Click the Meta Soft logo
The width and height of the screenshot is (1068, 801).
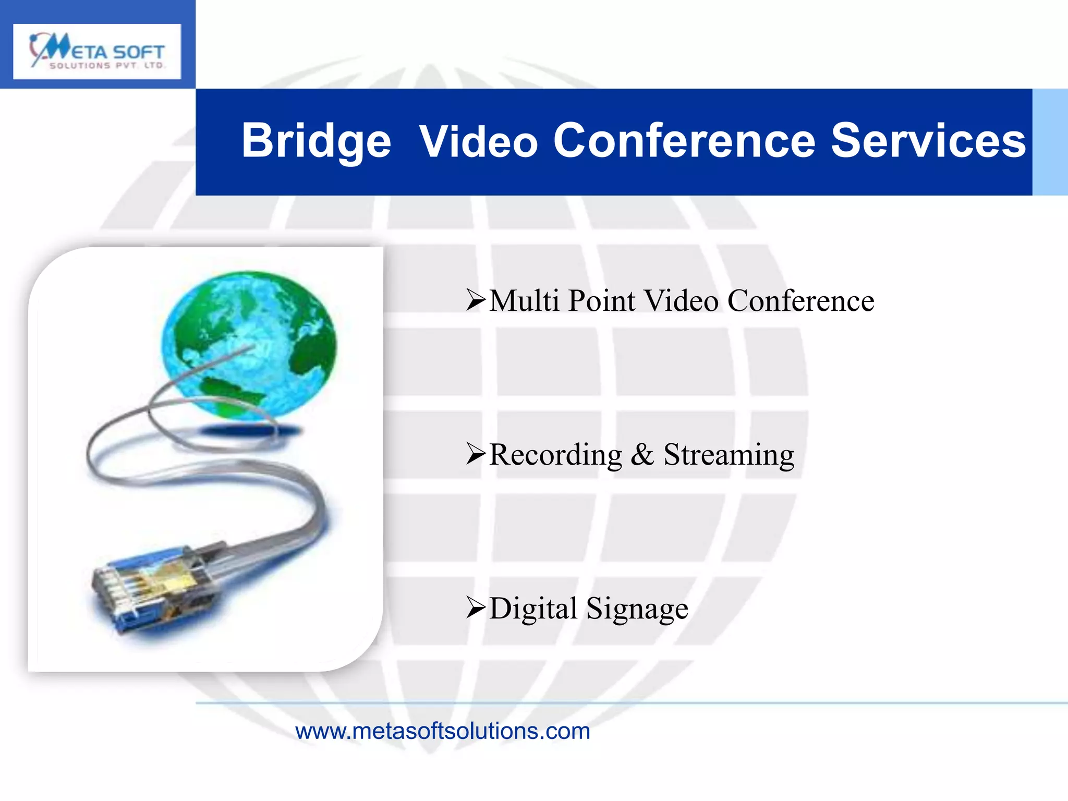(x=97, y=52)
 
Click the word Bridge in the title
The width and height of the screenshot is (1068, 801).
(x=316, y=141)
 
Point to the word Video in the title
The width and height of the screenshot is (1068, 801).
(x=478, y=141)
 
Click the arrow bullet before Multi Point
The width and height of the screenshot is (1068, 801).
(x=476, y=300)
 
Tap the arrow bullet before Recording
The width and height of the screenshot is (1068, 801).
(x=476, y=454)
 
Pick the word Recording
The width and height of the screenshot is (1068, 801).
(x=556, y=455)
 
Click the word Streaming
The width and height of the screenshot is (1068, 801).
(x=729, y=455)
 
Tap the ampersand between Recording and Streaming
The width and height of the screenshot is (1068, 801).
(x=642, y=454)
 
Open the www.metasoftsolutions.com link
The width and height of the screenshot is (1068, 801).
(x=442, y=731)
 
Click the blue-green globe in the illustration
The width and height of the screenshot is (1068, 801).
(x=249, y=344)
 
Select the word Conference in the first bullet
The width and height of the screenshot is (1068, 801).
(x=800, y=300)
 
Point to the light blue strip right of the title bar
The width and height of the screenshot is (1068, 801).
(x=1050, y=142)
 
